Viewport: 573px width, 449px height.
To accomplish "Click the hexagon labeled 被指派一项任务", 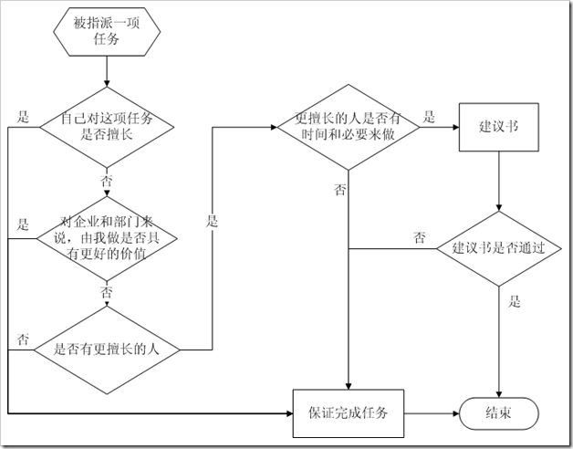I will tap(108, 31).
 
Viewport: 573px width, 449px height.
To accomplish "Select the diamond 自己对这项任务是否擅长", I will tap(107, 127).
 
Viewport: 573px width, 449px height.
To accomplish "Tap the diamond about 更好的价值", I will tap(107, 237).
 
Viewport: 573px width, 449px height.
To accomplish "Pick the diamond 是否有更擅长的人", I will tap(107, 347).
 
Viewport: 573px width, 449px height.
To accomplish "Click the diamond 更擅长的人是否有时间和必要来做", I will tap(348, 127).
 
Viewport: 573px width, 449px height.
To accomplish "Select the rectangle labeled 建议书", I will tap(498, 126).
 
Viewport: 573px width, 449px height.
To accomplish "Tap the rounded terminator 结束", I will tap(498, 412).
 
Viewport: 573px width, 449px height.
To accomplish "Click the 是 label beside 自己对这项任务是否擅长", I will tap(25, 116).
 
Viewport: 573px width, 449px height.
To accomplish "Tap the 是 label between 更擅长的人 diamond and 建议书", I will tap(428, 116).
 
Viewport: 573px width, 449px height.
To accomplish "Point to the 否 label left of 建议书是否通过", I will tap(420, 237).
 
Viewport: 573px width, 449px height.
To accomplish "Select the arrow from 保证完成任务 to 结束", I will tap(431, 412).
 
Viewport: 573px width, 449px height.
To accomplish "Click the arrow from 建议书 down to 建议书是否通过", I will tap(498, 183).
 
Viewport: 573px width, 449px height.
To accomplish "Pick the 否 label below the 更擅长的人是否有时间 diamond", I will tap(339, 190).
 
